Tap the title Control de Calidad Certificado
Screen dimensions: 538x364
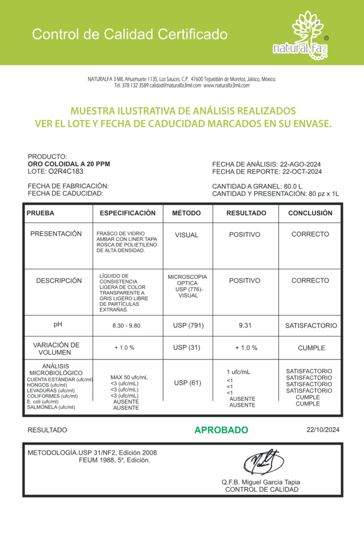click(x=130, y=35)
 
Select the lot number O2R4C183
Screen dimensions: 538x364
click(x=66, y=171)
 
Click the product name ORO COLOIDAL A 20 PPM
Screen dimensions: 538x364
click(x=69, y=164)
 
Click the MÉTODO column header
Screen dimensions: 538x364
click(x=187, y=213)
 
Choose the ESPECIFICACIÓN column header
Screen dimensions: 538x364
click(x=128, y=213)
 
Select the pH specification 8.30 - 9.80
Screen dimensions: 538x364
click(x=126, y=326)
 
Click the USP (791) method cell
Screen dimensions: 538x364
click(x=187, y=326)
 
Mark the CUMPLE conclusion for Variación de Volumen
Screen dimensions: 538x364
click(x=311, y=348)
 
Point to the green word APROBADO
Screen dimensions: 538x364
click(x=221, y=430)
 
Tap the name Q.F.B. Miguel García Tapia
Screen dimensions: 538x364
click(x=261, y=482)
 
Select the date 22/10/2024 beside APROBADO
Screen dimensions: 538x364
click(x=323, y=430)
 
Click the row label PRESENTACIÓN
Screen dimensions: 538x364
click(x=56, y=234)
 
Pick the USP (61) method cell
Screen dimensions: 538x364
click(x=187, y=382)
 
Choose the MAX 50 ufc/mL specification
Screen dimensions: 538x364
click(x=129, y=377)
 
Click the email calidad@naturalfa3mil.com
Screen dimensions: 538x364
click(x=175, y=86)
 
